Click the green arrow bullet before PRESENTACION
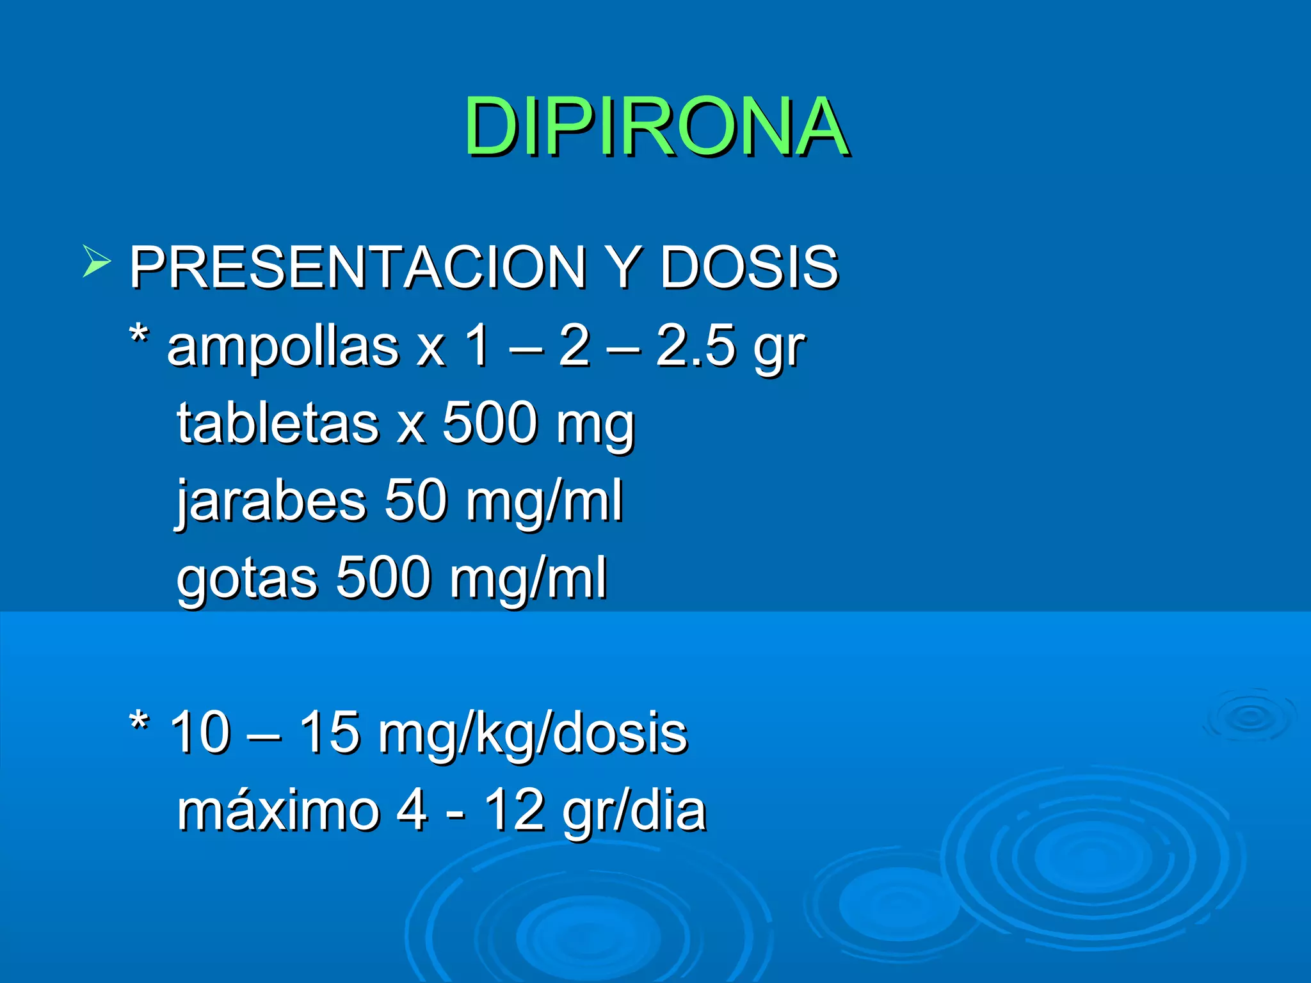[97, 262]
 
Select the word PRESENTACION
[358, 267]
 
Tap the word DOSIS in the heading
[748, 267]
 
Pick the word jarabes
[271, 500]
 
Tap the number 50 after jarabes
[415, 500]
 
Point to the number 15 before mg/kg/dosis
[329, 733]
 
